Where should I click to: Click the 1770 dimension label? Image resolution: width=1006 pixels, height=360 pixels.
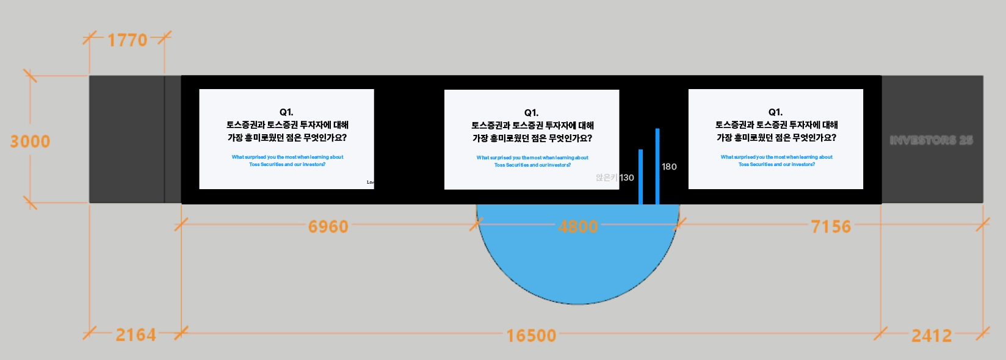click(x=128, y=40)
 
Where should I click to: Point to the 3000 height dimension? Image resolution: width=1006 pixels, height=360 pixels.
click(x=30, y=142)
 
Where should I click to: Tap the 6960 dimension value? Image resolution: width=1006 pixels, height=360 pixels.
click(x=328, y=227)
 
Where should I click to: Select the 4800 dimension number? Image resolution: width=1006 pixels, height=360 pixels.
click(x=577, y=227)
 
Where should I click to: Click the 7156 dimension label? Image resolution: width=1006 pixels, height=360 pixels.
click(x=830, y=227)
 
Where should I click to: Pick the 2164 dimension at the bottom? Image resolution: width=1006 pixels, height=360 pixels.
click(x=136, y=335)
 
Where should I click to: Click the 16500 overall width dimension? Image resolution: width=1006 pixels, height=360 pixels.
click(x=531, y=336)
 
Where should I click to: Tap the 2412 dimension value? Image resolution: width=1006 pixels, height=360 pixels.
click(x=931, y=336)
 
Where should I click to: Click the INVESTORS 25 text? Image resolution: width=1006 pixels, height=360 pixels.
click(x=931, y=140)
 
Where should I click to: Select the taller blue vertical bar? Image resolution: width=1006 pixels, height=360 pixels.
click(x=657, y=166)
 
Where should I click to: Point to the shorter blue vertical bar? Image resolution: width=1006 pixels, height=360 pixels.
click(x=640, y=177)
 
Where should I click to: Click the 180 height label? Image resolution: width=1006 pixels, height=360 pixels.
click(x=669, y=167)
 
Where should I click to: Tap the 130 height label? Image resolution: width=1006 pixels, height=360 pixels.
click(x=627, y=178)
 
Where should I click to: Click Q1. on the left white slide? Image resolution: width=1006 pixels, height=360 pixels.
click(x=286, y=112)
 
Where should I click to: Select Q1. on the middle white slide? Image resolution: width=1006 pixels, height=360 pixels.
click(x=531, y=113)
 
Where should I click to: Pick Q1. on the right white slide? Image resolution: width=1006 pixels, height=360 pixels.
click(x=775, y=112)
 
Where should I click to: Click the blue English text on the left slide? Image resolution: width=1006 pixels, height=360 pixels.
click(x=287, y=160)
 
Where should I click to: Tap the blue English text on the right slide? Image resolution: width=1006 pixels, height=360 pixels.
click(x=776, y=160)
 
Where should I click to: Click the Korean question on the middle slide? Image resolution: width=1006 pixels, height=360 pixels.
click(x=532, y=132)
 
